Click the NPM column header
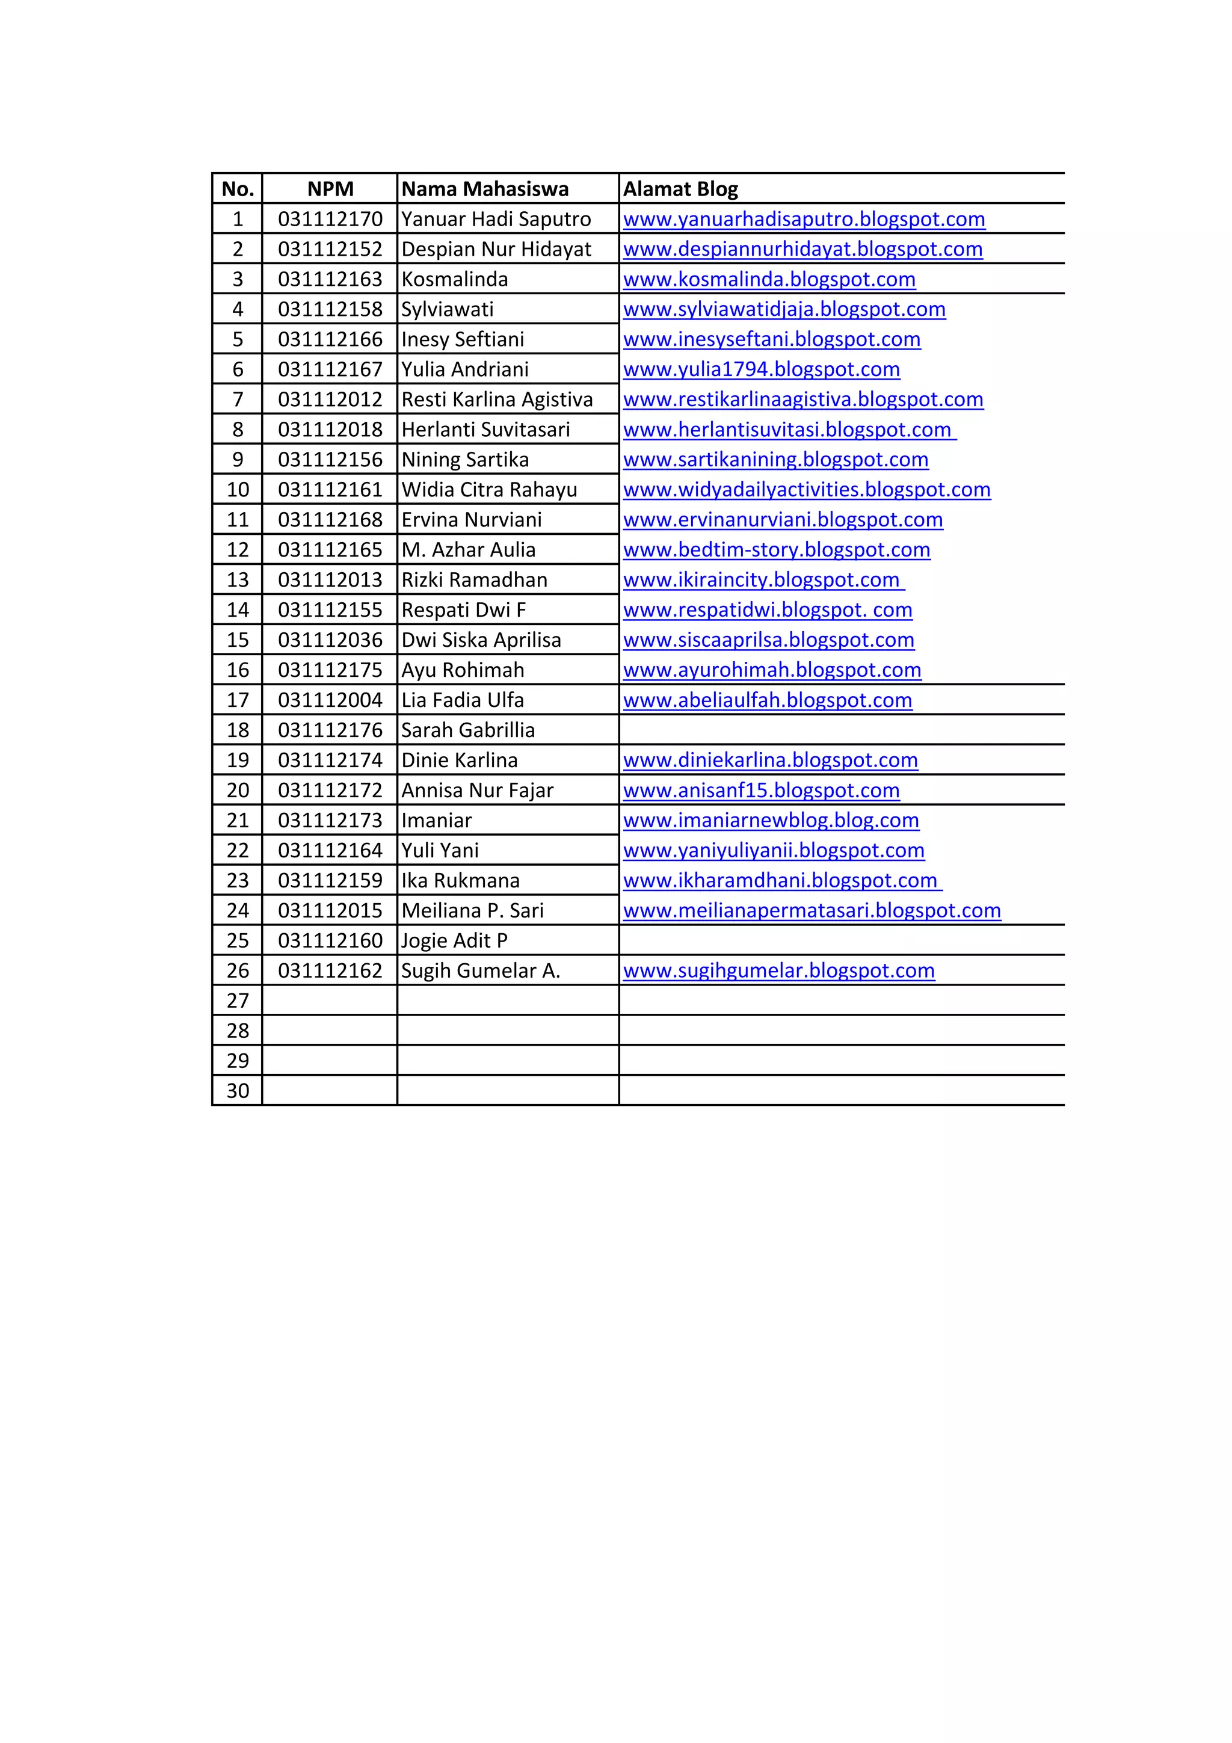(x=330, y=189)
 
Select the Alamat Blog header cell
(x=680, y=189)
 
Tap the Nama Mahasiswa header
(x=484, y=189)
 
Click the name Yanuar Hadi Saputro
(x=496, y=220)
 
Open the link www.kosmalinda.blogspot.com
(x=769, y=279)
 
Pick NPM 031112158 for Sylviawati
(x=330, y=310)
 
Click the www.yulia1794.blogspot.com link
(x=762, y=369)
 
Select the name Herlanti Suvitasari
(x=485, y=430)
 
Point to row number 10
(x=238, y=490)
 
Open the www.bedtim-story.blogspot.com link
(x=777, y=550)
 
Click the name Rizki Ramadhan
(x=473, y=580)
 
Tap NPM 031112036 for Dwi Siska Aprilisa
(x=330, y=640)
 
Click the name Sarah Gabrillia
(x=467, y=730)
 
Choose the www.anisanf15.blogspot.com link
(x=762, y=790)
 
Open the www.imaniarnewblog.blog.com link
(x=771, y=821)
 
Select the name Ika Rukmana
(x=460, y=881)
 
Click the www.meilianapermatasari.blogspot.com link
(x=812, y=910)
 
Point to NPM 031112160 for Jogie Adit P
(x=330, y=940)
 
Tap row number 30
(x=238, y=1091)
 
